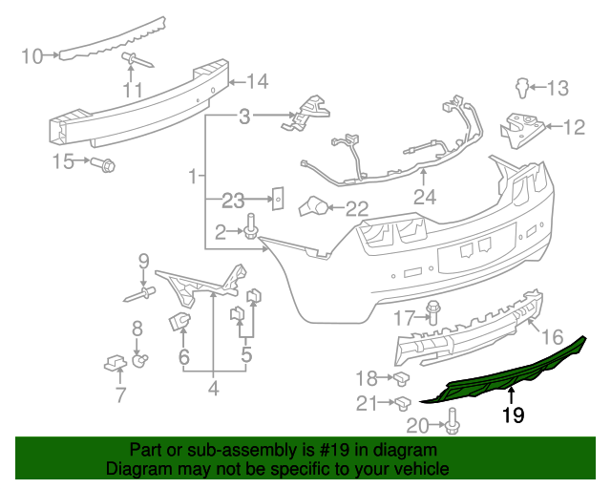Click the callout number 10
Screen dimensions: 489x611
(x=32, y=56)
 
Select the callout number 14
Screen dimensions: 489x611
(x=258, y=81)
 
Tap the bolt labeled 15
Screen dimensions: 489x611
(x=106, y=165)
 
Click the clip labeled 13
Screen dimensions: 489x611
(x=521, y=88)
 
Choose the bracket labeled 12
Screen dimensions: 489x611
(x=520, y=125)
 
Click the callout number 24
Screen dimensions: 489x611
(x=424, y=199)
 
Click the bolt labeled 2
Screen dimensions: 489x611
(x=253, y=229)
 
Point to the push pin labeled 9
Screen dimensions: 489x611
(x=139, y=292)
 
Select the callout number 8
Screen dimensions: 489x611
(x=137, y=328)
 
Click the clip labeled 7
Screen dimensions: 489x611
(x=116, y=363)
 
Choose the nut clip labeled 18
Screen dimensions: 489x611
(x=402, y=378)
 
